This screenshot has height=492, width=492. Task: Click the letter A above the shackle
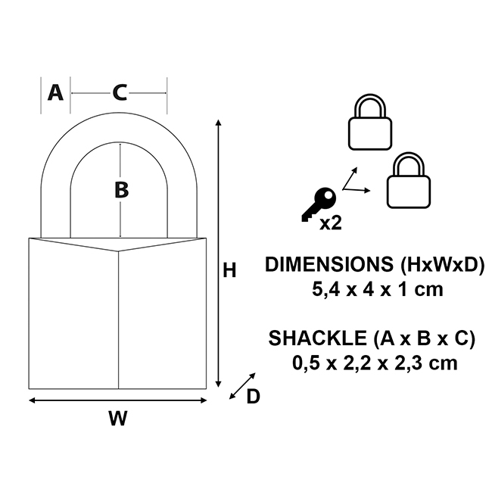tap(54, 92)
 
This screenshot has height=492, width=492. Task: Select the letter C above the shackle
tap(120, 92)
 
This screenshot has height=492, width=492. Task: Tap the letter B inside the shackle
tap(121, 190)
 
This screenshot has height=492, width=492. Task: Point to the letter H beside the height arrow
tap(230, 270)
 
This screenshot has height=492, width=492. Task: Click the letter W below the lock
tap(117, 419)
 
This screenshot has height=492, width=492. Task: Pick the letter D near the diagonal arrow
tap(254, 396)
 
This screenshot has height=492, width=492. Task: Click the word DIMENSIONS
tap(322, 265)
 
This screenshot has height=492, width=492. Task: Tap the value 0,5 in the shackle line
tap(307, 362)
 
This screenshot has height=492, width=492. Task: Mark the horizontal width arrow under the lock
tap(117, 400)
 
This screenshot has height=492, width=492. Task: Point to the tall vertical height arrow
tap(219, 254)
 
